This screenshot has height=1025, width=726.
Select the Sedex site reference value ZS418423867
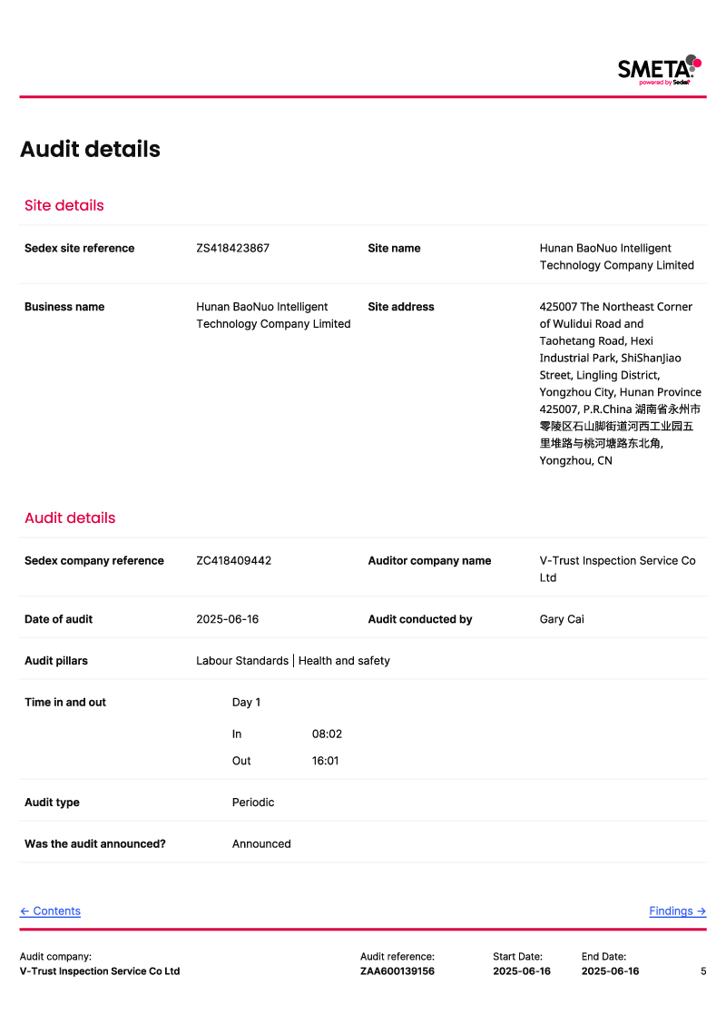pyautogui.click(x=232, y=248)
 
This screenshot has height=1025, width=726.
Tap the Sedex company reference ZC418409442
pyautogui.click(x=233, y=560)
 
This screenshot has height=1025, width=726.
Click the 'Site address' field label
pyautogui.click(x=401, y=307)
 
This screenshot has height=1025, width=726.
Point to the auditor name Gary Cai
pyautogui.click(x=562, y=619)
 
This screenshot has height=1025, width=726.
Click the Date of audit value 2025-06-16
pyautogui.click(x=227, y=619)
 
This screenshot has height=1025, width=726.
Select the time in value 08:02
pyautogui.click(x=327, y=734)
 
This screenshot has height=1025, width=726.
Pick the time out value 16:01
pyautogui.click(x=325, y=761)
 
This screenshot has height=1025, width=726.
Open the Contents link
pyautogui.click(x=50, y=911)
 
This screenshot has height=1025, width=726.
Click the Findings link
pyautogui.click(x=677, y=911)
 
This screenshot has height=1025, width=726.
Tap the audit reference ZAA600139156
pyautogui.click(x=397, y=971)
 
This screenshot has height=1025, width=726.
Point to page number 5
pyautogui.click(x=703, y=971)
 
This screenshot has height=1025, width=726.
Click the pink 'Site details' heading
pyautogui.click(x=64, y=205)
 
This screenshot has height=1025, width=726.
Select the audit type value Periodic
pyautogui.click(x=253, y=803)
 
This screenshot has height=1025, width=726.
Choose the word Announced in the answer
pyautogui.click(x=261, y=843)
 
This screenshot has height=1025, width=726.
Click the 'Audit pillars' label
pyautogui.click(x=56, y=661)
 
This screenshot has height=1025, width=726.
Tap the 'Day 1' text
pyautogui.click(x=246, y=702)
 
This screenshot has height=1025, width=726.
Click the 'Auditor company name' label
pyautogui.click(x=429, y=560)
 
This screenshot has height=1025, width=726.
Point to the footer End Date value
pyautogui.click(x=610, y=971)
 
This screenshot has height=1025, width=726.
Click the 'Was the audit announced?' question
pyautogui.click(x=95, y=843)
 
